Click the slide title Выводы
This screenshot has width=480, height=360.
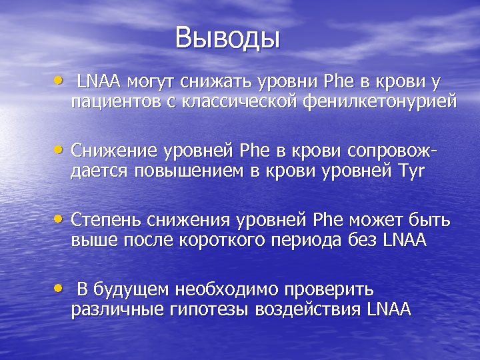(x=227, y=38)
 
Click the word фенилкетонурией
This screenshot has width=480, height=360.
(x=380, y=101)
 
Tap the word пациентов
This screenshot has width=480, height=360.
(x=111, y=102)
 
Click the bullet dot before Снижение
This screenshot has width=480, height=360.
(x=61, y=150)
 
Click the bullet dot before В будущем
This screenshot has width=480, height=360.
(x=61, y=288)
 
